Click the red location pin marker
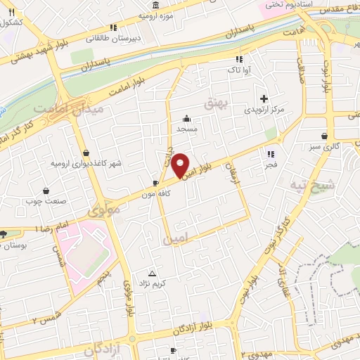181,165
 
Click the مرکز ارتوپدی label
264,110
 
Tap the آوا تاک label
234,71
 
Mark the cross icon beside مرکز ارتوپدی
264,98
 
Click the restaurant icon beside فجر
270,154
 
